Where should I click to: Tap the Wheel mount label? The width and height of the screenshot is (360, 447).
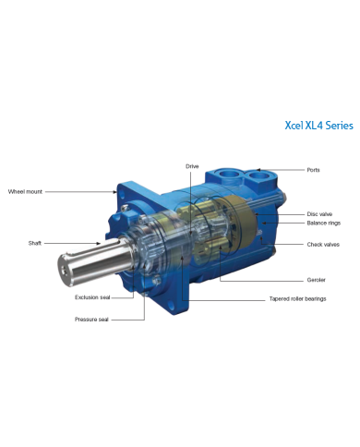coord(25,191)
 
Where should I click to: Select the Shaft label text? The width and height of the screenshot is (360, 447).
coord(33,243)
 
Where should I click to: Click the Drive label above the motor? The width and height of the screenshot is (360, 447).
coord(191,166)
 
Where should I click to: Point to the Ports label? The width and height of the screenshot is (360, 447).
coord(314,170)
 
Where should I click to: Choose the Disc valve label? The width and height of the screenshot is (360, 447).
coord(318,213)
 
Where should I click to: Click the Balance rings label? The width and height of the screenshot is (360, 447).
coord(322,223)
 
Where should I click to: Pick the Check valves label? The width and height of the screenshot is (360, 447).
coord(323,245)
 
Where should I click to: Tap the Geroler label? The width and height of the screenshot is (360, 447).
coord(316,280)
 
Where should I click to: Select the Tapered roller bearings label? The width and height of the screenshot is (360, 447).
coord(297,298)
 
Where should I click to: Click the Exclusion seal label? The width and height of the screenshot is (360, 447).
coord(93,297)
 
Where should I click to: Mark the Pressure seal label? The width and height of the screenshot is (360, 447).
coord(92,319)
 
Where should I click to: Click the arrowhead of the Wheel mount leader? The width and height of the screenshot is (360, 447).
coord(116,192)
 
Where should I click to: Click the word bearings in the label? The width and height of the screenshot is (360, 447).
coord(313,298)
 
